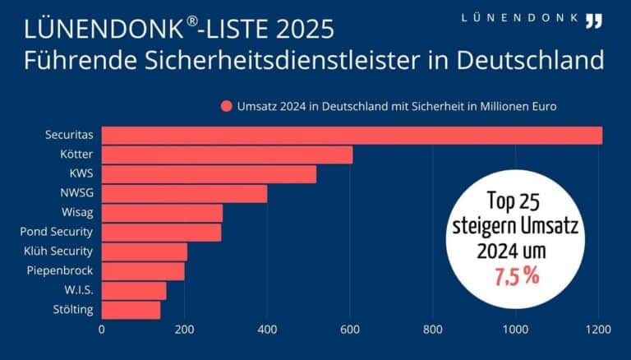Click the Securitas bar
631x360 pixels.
point(352,136)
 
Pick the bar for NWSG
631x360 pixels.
point(184,194)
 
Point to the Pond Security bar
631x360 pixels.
point(161,233)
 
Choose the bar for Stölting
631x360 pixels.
point(131,310)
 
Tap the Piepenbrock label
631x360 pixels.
point(62,270)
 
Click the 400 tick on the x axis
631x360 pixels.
point(267,330)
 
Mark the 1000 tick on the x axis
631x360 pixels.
point(515,330)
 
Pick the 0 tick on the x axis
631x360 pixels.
point(102,330)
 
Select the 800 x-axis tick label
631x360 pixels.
point(433,330)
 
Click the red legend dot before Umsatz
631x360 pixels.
point(225,106)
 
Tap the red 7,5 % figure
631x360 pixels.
point(517,276)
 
